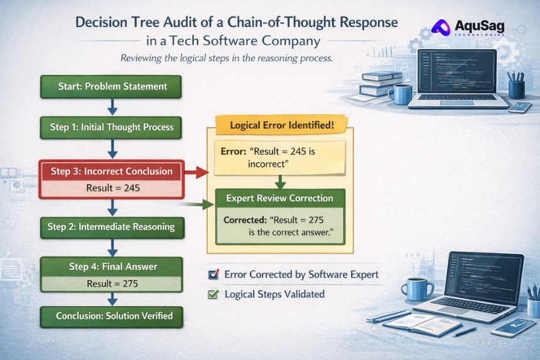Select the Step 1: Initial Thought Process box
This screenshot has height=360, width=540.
tap(111, 127)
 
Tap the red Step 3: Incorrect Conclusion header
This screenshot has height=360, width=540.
tap(111, 171)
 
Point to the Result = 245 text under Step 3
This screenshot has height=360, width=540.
tap(111, 188)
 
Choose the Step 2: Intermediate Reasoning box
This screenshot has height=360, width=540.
tap(111, 227)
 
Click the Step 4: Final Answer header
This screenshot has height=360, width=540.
tap(112, 266)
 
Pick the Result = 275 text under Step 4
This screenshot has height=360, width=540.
tap(112, 283)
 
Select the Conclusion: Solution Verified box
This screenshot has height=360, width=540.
tap(112, 315)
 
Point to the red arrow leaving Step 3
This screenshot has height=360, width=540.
tap(197, 171)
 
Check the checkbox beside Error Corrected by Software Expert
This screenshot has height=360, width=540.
tap(212, 275)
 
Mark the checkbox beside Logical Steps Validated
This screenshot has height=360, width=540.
tap(212, 293)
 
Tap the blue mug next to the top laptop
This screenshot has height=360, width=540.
tap(399, 93)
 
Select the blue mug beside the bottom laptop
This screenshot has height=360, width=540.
tap(416, 290)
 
